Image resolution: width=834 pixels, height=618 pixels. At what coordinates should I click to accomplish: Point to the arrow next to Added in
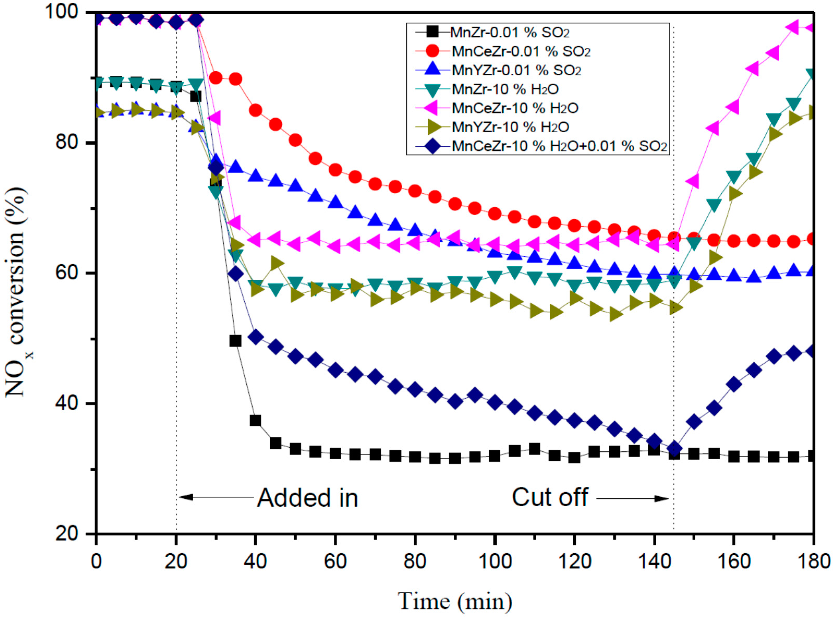point(216,497)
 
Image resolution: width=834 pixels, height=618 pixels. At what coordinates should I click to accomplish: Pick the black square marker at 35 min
point(235,341)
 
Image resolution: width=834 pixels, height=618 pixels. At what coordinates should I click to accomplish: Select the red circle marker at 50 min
point(295,140)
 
